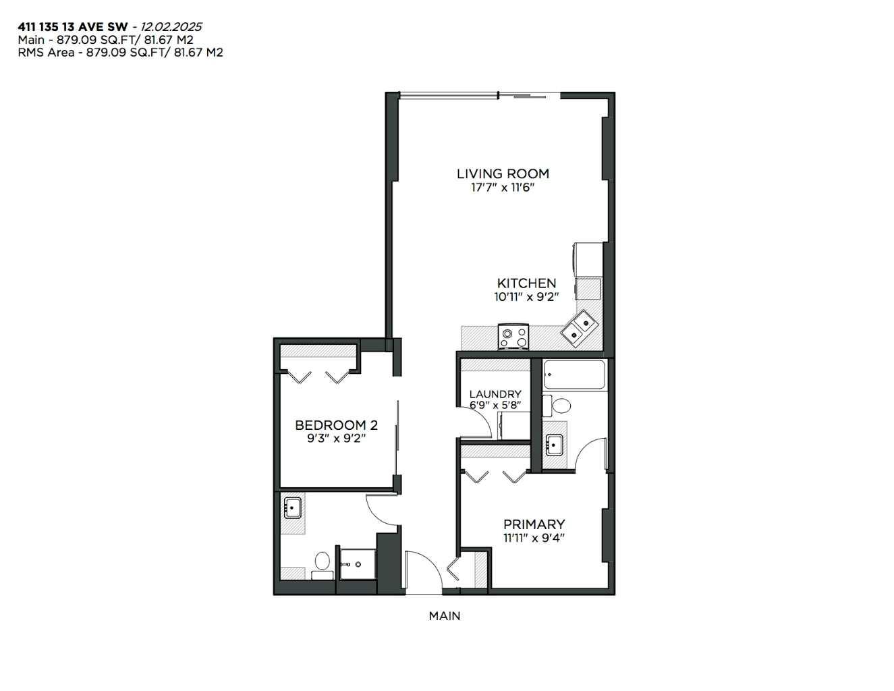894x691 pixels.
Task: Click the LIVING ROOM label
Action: (x=503, y=173)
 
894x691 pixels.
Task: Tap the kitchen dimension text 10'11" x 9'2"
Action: (x=526, y=296)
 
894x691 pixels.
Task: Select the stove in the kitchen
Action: (x=513, y=335)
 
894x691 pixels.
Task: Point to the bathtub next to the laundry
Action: (x=574, y=375)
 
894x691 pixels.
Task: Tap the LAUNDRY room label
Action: (x=495, y=394)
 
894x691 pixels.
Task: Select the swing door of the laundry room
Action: (x=476, y=425)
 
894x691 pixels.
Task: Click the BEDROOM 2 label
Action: (x=336, y=425)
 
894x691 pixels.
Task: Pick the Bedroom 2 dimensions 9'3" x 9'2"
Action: (x=336, y=438)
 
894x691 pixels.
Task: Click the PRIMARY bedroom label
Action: (x=534, y=524)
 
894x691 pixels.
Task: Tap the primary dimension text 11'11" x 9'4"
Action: (x=534, y=538)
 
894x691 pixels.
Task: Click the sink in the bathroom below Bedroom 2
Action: (x=292, y=508)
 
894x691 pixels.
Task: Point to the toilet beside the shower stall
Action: (x=323, y=563)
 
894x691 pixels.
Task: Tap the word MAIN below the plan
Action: (x=445, y=615)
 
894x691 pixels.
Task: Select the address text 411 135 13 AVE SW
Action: (x=73, y=27)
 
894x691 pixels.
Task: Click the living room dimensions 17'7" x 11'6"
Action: (x=503, y=187)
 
